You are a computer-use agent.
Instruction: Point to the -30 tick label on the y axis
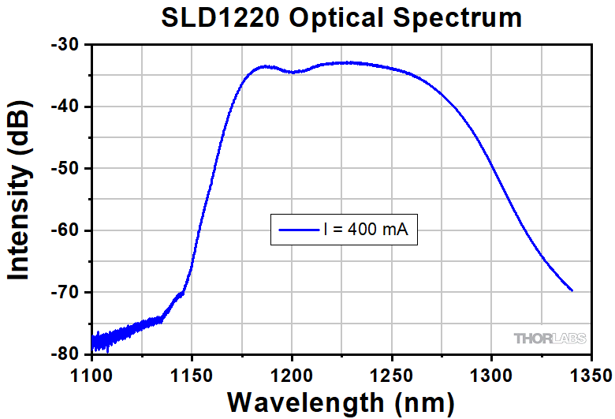[x=65, y=45]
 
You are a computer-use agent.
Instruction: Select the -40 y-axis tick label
[x=65, y=107]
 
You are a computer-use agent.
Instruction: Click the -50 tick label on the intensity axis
[x=65, y=169]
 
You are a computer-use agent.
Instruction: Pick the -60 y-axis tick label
[x=65, y=230]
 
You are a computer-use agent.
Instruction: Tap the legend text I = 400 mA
[x=366, y=230]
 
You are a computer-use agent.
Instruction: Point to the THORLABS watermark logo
[x=550, y=339]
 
